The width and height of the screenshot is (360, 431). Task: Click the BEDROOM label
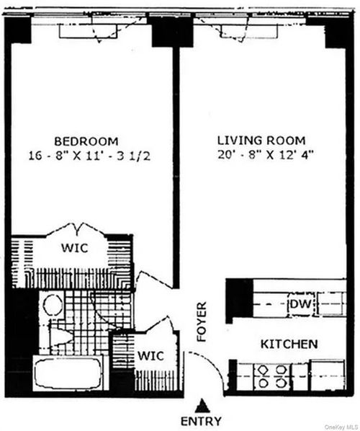(86, 141)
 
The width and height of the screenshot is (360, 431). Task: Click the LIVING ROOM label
(261, 140)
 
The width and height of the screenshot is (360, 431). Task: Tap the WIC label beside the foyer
(150, 355)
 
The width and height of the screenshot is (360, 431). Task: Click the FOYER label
(202, 321)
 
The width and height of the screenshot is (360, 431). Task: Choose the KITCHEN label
(289, 345)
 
